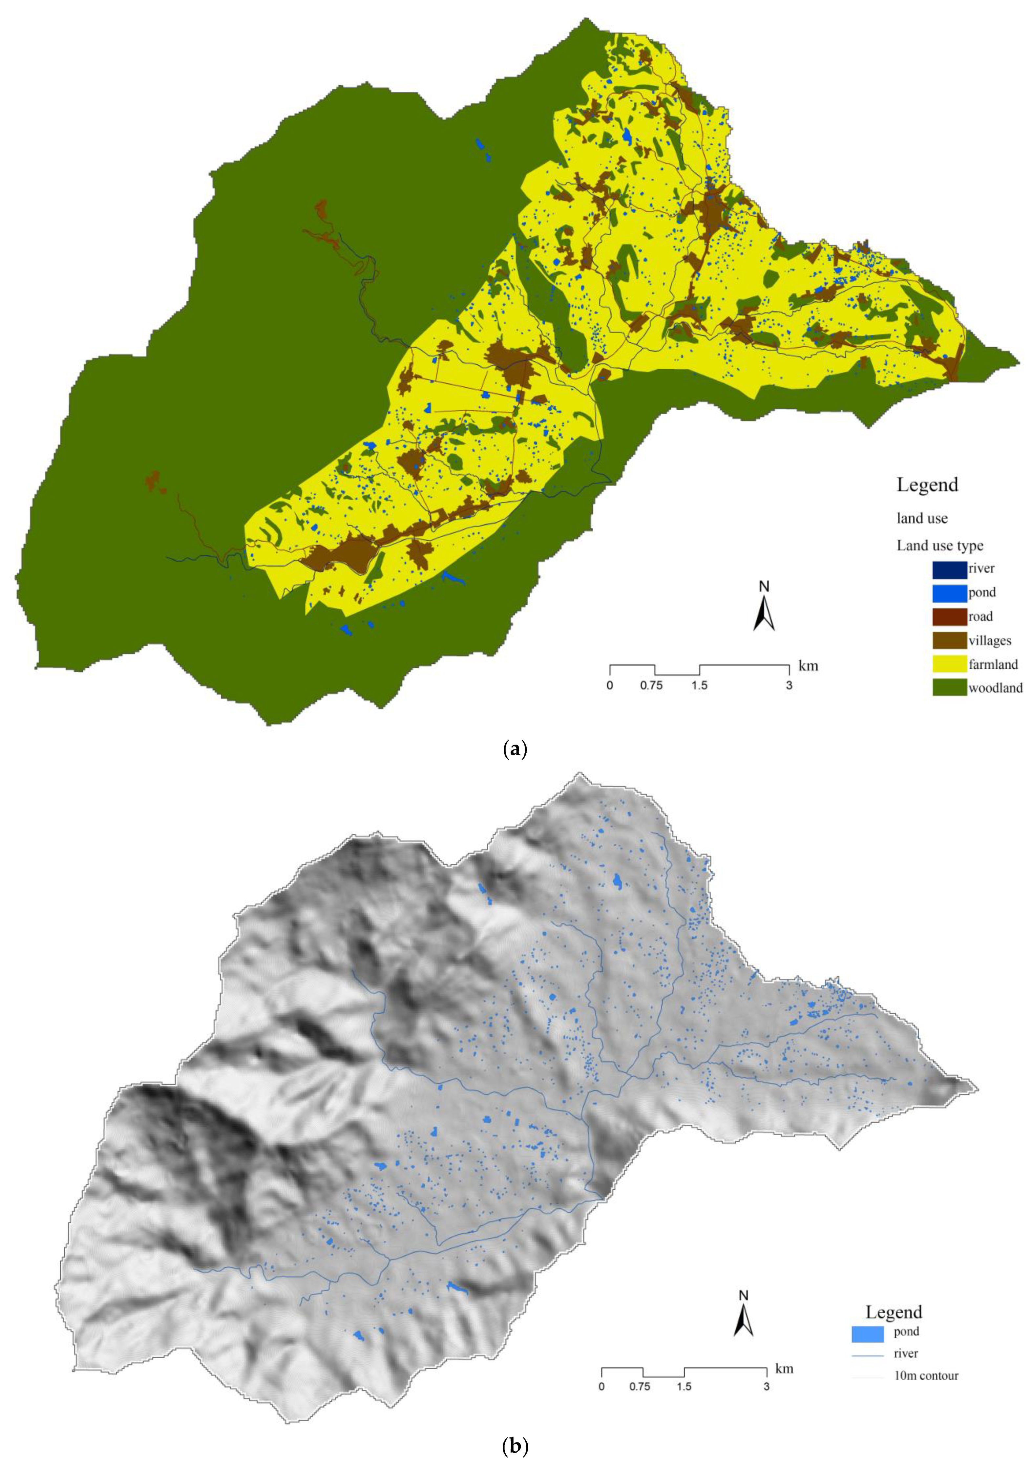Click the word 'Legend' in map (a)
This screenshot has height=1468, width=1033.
click(x=927, y=485)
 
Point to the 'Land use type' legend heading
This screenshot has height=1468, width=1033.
click(x=939, y=545)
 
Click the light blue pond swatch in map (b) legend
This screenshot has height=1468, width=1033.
click(x=867, y=1293)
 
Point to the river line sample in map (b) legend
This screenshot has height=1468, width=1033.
click(x=867, y=1315)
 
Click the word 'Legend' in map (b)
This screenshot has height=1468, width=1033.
click(x=894, y=1272)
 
